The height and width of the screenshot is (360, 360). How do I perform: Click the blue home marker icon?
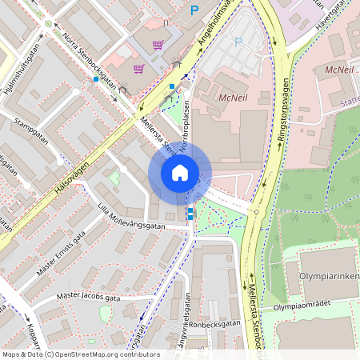tap(179, 173)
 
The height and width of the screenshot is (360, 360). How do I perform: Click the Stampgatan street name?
tap(33, 131)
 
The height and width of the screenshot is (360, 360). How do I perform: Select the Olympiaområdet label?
tap(302, 306)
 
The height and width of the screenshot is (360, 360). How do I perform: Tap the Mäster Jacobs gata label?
tap(88, 298)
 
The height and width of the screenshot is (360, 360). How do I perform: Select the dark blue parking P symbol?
tap(194, 10)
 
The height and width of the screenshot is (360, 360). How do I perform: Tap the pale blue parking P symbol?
tap(237, 42)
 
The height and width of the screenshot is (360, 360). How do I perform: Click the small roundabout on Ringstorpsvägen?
tap(254, 213)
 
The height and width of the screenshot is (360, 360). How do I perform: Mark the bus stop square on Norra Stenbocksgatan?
tap(96, 79)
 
